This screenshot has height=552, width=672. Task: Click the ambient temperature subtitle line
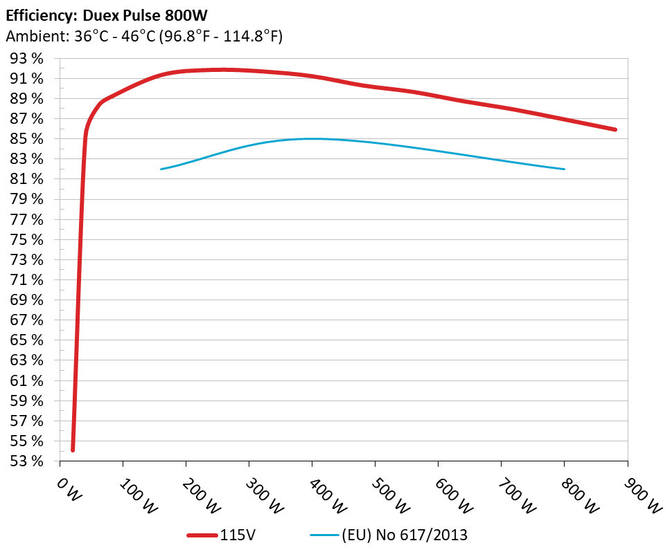click(144, 37)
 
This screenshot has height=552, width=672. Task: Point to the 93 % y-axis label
click(27, 59)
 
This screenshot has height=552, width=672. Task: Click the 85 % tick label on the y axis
click(27, 139)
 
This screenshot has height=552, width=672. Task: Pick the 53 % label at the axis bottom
click(27, 461)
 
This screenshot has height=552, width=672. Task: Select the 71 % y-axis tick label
click(27, 280)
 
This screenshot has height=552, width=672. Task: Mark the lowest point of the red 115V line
click(73, 450)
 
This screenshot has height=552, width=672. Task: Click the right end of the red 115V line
click(615, 129)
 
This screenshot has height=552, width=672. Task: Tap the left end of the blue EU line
click(161, 169)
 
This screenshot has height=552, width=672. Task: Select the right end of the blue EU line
click(565, 169)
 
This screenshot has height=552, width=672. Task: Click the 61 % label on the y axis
click(27, 380)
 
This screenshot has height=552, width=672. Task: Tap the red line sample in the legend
click(202, 535)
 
